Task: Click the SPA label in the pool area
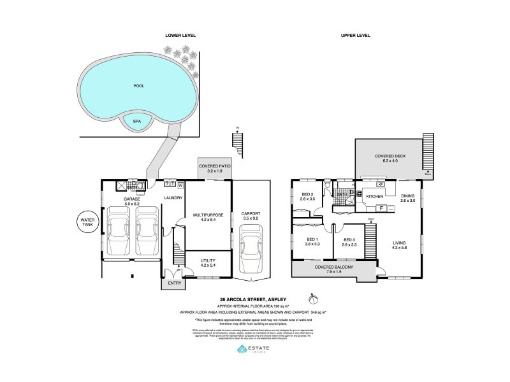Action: (136, 120)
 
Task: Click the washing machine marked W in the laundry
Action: (180, 185)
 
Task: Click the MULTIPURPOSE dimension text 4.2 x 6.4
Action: (207, 221)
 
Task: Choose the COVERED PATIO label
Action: (214, 166)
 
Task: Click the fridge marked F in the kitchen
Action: (381, 208)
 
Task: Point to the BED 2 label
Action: (307, 194)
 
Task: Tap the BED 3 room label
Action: (349, 240)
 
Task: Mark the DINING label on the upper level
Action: (407, 195)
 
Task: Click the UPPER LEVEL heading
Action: (356, 35)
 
